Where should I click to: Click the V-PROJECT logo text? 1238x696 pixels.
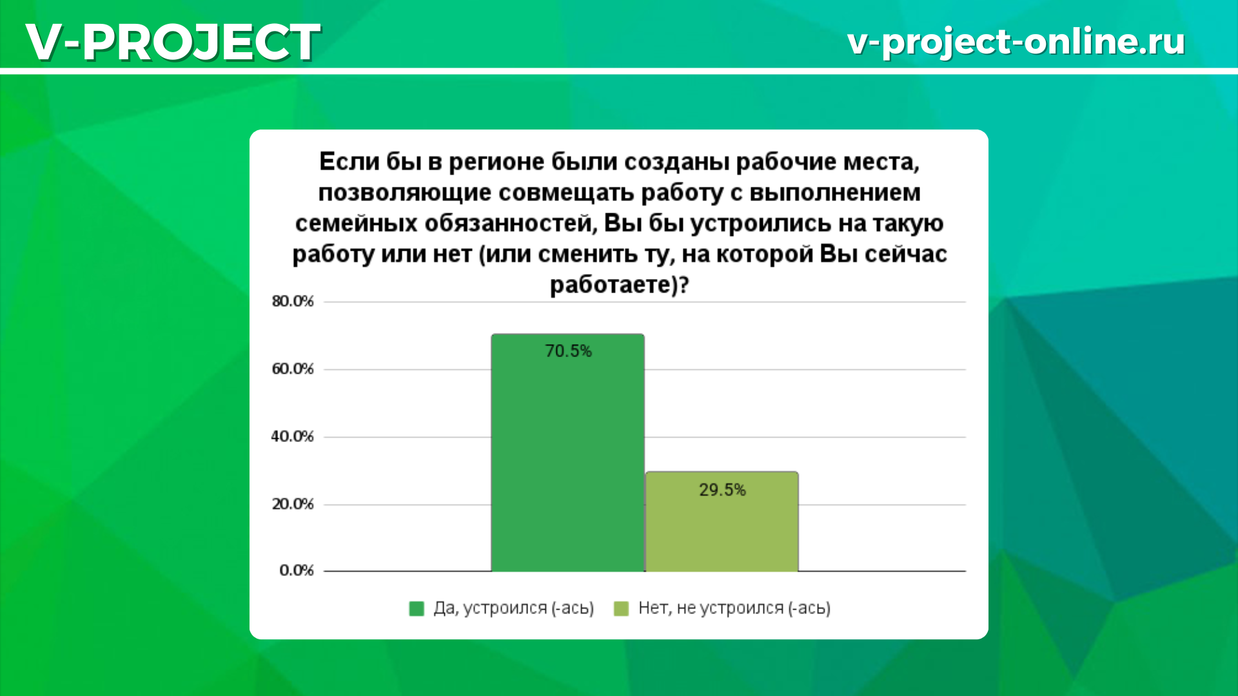173,42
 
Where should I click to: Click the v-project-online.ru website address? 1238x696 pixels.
1016,42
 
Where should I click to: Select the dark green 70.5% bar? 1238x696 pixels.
567,452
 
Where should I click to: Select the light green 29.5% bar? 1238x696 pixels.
722,521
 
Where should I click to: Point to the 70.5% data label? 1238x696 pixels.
568,351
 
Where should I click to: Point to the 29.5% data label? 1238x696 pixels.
722,490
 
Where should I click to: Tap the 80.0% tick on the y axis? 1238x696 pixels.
293,302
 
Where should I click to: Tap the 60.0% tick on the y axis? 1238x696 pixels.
293,369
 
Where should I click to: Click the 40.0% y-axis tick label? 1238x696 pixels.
293,437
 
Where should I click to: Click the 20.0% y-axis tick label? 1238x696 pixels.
293,504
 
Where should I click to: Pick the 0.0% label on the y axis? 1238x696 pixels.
297,570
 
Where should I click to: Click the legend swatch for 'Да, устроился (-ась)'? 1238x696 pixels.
417,608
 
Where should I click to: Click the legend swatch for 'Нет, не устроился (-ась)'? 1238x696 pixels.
622,608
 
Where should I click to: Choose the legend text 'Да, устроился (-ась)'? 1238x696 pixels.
514,608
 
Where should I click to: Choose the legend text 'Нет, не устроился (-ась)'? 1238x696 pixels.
734,608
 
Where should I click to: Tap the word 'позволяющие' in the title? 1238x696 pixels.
406,193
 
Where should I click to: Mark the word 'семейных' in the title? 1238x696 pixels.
357,224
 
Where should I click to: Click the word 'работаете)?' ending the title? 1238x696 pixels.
620,285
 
